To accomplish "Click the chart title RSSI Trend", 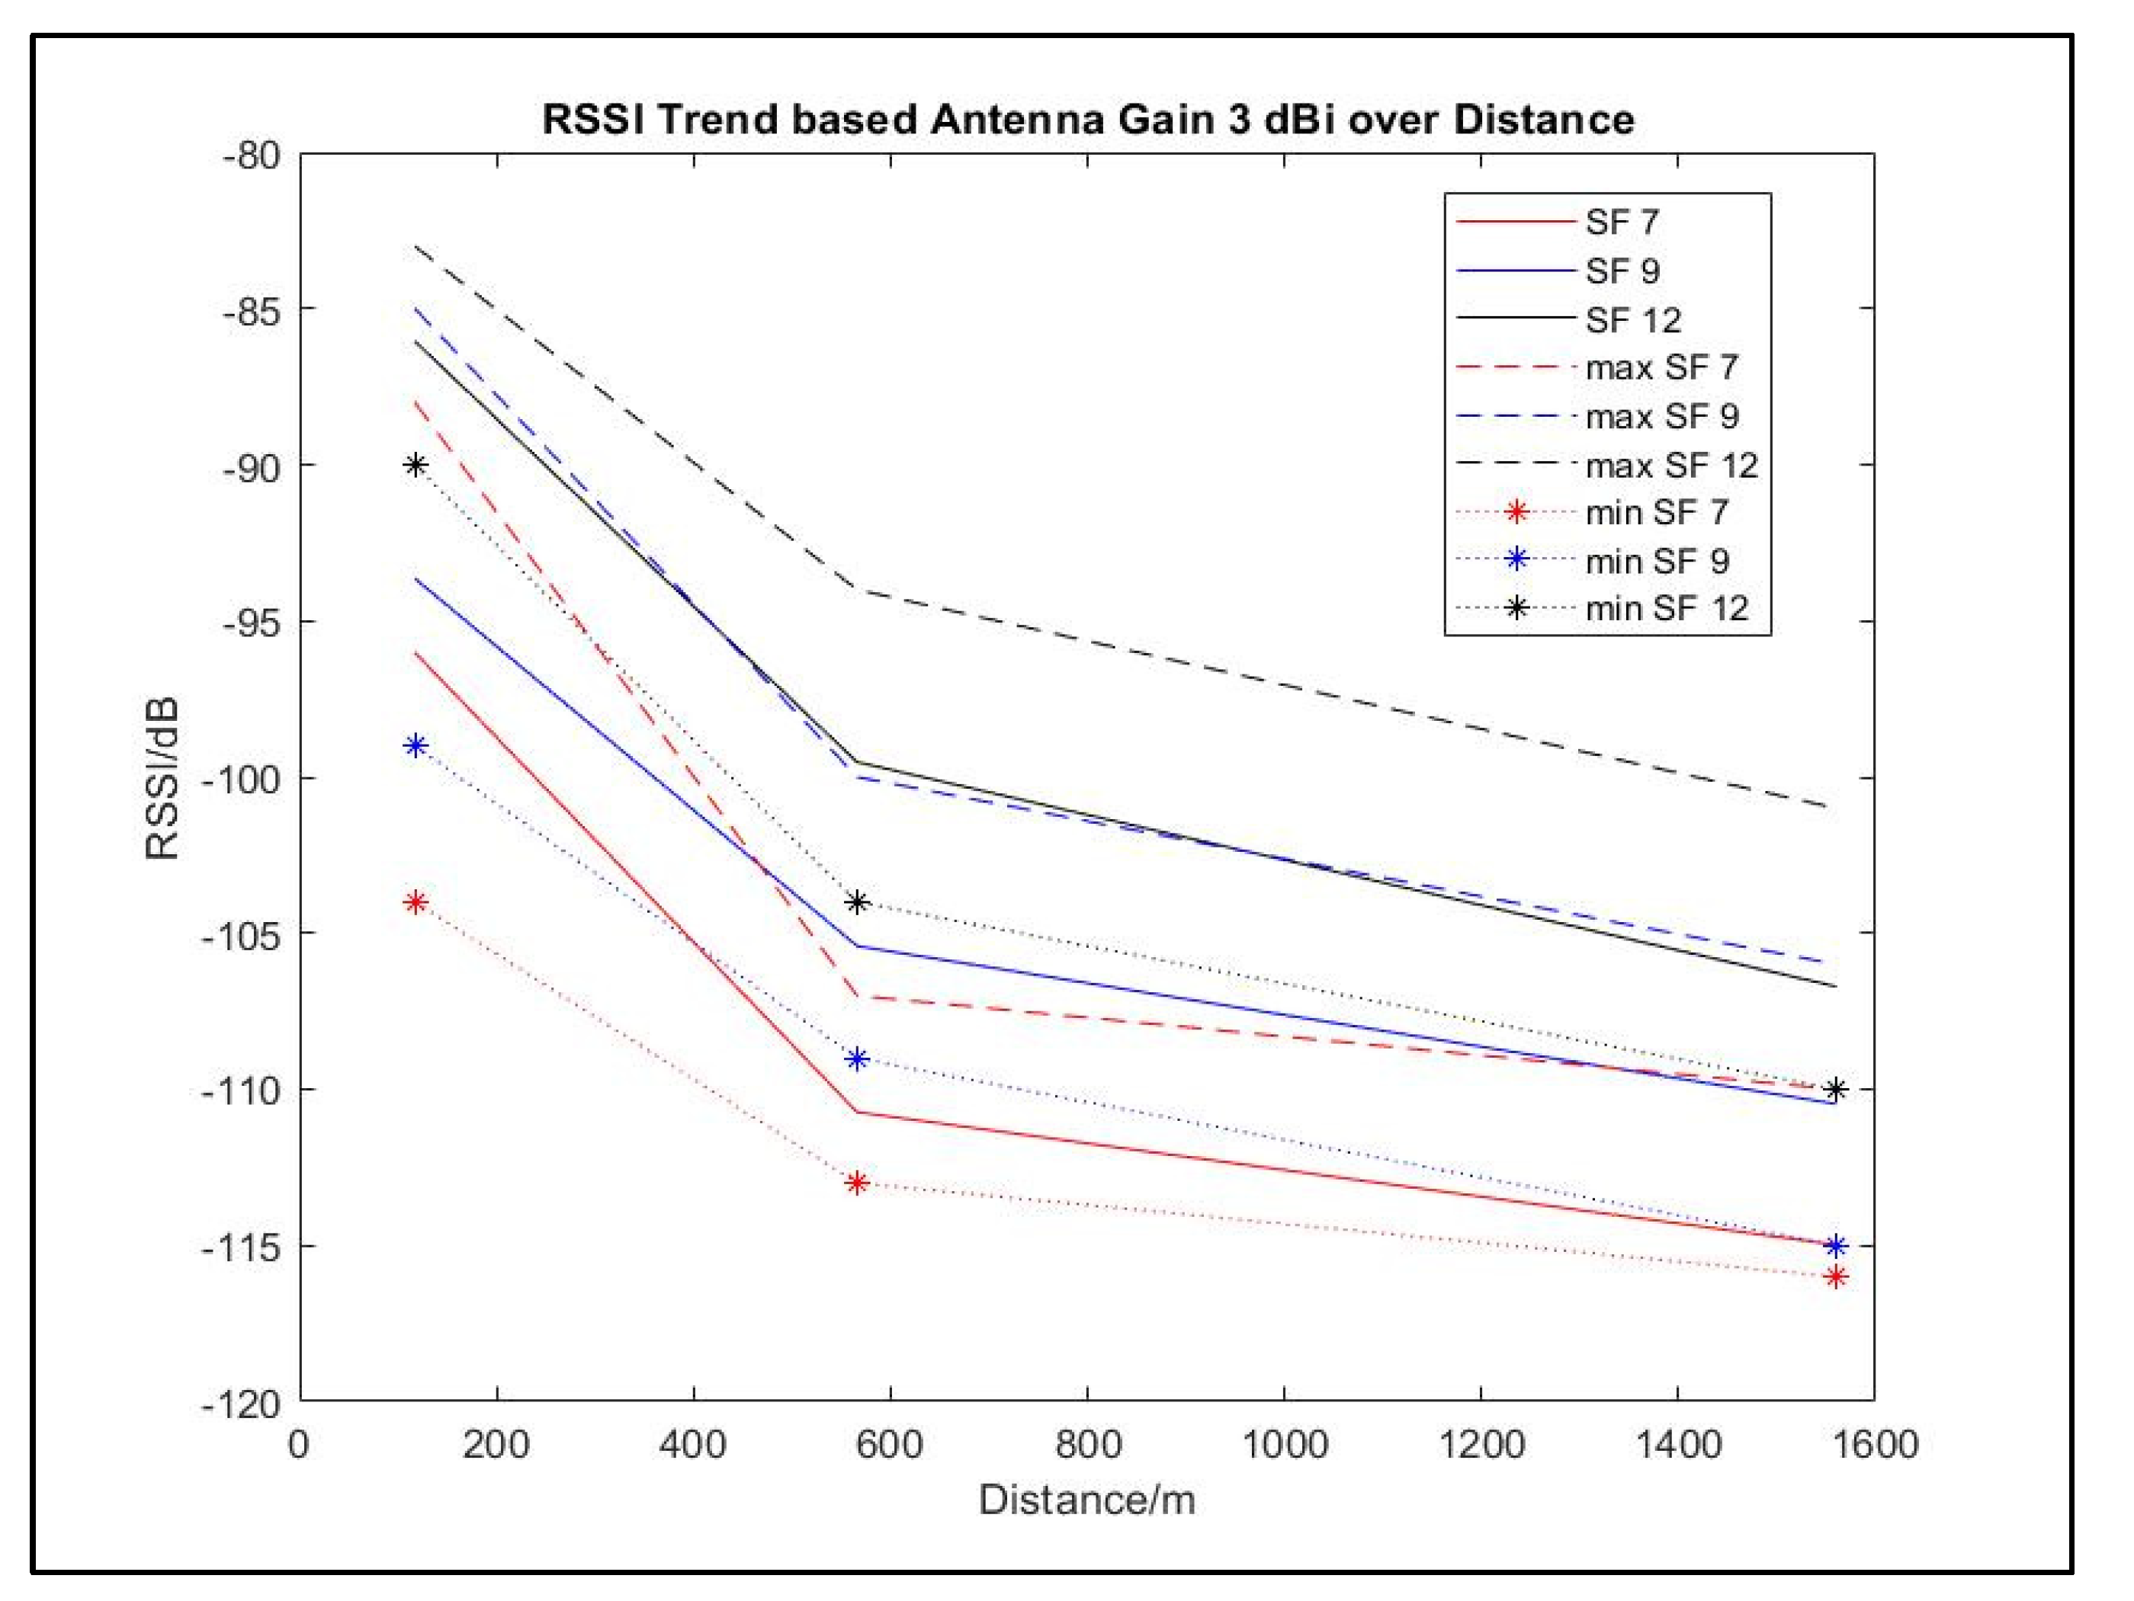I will (1087, 120).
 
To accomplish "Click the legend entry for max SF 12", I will (1671, 466).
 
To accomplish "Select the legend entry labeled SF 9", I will (1622, 271).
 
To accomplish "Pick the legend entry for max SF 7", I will (1661, 367).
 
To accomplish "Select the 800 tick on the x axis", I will (1087, 1444).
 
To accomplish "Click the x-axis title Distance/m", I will (1086, 1500).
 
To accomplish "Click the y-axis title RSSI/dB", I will (162, 778).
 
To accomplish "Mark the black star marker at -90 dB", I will (416, 466).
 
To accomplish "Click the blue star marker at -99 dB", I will (416, 745).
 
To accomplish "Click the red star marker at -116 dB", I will (1835, 1277).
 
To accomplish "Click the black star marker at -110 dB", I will (1835, 1090).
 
